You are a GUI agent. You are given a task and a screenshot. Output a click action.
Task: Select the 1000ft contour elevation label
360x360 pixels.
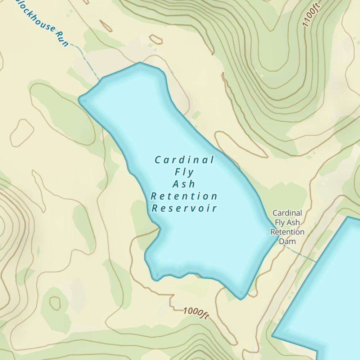[x=196, y=313]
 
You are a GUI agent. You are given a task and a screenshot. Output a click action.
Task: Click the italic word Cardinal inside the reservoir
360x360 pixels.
[x=184, y=160]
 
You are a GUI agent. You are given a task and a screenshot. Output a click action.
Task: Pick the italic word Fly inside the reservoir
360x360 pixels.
[x=184, y=172]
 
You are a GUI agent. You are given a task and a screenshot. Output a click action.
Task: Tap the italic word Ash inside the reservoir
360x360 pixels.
[x=184, y=184]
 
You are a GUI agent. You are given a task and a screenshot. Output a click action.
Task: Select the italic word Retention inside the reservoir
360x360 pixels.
[x=184, y=196]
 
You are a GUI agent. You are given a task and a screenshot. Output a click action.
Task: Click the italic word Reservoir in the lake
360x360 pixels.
[x=184, y=208]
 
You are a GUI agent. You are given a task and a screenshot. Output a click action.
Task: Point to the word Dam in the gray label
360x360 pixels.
[x=287, y=241]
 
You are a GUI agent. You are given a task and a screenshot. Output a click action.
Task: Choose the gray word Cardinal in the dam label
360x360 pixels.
[x=287, y=213]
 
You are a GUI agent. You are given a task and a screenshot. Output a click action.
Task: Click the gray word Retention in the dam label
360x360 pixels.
[x=287, y=232]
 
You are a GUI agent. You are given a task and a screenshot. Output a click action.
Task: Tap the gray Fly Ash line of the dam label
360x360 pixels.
[x=287, y=222]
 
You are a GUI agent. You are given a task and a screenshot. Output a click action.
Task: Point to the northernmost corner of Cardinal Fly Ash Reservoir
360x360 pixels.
[x=140, y=63]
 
